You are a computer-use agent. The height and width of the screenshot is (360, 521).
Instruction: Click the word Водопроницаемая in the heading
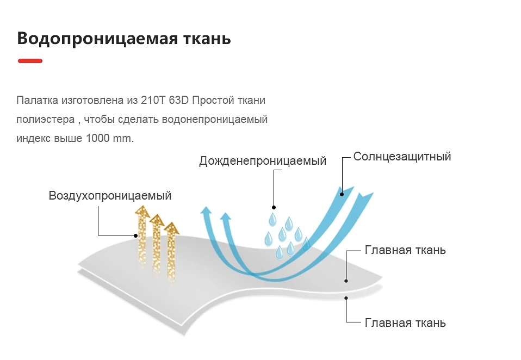click(97, 39)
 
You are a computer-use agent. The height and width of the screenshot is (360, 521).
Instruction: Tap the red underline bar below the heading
click(30, 61)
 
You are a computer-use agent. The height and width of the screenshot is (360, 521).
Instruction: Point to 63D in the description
click(179, 100)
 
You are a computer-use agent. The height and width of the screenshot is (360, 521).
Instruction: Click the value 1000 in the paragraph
click(98, 138)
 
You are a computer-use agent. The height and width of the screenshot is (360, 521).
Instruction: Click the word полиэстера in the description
click(46, 120)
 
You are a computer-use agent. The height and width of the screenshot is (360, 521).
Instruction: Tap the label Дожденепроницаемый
click(263, 161)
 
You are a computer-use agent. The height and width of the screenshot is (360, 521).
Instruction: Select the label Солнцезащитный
click(402, 157)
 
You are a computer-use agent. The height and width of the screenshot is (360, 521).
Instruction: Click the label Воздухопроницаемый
click(110, 196)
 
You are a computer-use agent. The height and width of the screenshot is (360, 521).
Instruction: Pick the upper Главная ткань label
click(405, 250)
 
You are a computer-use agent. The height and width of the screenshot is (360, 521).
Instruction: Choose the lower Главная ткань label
click(405, 323)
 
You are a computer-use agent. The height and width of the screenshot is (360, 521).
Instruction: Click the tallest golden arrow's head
click(142, 211)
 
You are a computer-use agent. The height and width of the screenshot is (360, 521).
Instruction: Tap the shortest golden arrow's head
click(171, 228)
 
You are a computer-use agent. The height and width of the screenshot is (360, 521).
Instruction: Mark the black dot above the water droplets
click(274, 208)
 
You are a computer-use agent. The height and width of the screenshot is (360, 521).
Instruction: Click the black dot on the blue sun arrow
click(342, 194)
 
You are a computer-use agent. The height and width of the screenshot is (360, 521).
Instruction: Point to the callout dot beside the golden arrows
click(135, 236)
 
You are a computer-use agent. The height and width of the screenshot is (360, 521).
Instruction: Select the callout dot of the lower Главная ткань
click(346, 298)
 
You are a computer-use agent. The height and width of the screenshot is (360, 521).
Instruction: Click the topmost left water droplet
click(272, 220)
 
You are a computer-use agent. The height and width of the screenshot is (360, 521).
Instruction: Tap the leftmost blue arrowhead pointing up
click(206, 210)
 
